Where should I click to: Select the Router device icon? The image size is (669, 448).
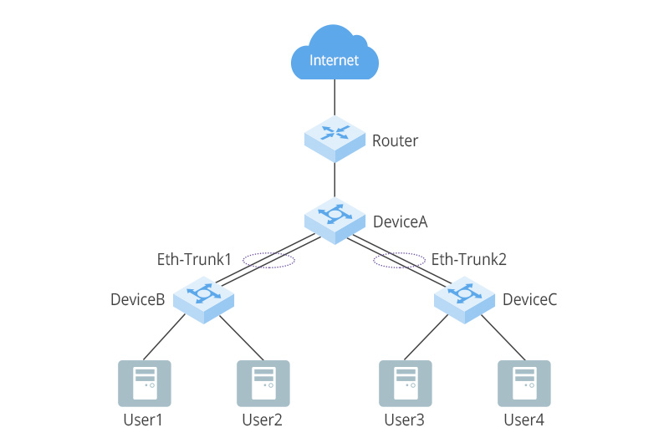coord(334,137)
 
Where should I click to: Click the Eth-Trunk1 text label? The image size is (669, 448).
coord(194,260)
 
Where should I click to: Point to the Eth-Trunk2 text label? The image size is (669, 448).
coord(469,260)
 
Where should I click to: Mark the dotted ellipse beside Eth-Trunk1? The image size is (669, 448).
coord(268,261)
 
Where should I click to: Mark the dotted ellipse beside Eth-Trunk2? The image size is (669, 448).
coord(400,261)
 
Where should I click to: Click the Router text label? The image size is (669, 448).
coord(395,141)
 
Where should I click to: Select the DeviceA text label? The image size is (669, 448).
coord(400,221)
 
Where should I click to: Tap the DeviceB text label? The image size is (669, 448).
coord(138,300)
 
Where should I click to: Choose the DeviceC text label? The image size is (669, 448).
coord(529,300)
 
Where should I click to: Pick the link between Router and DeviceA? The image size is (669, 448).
coord(334,179)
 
